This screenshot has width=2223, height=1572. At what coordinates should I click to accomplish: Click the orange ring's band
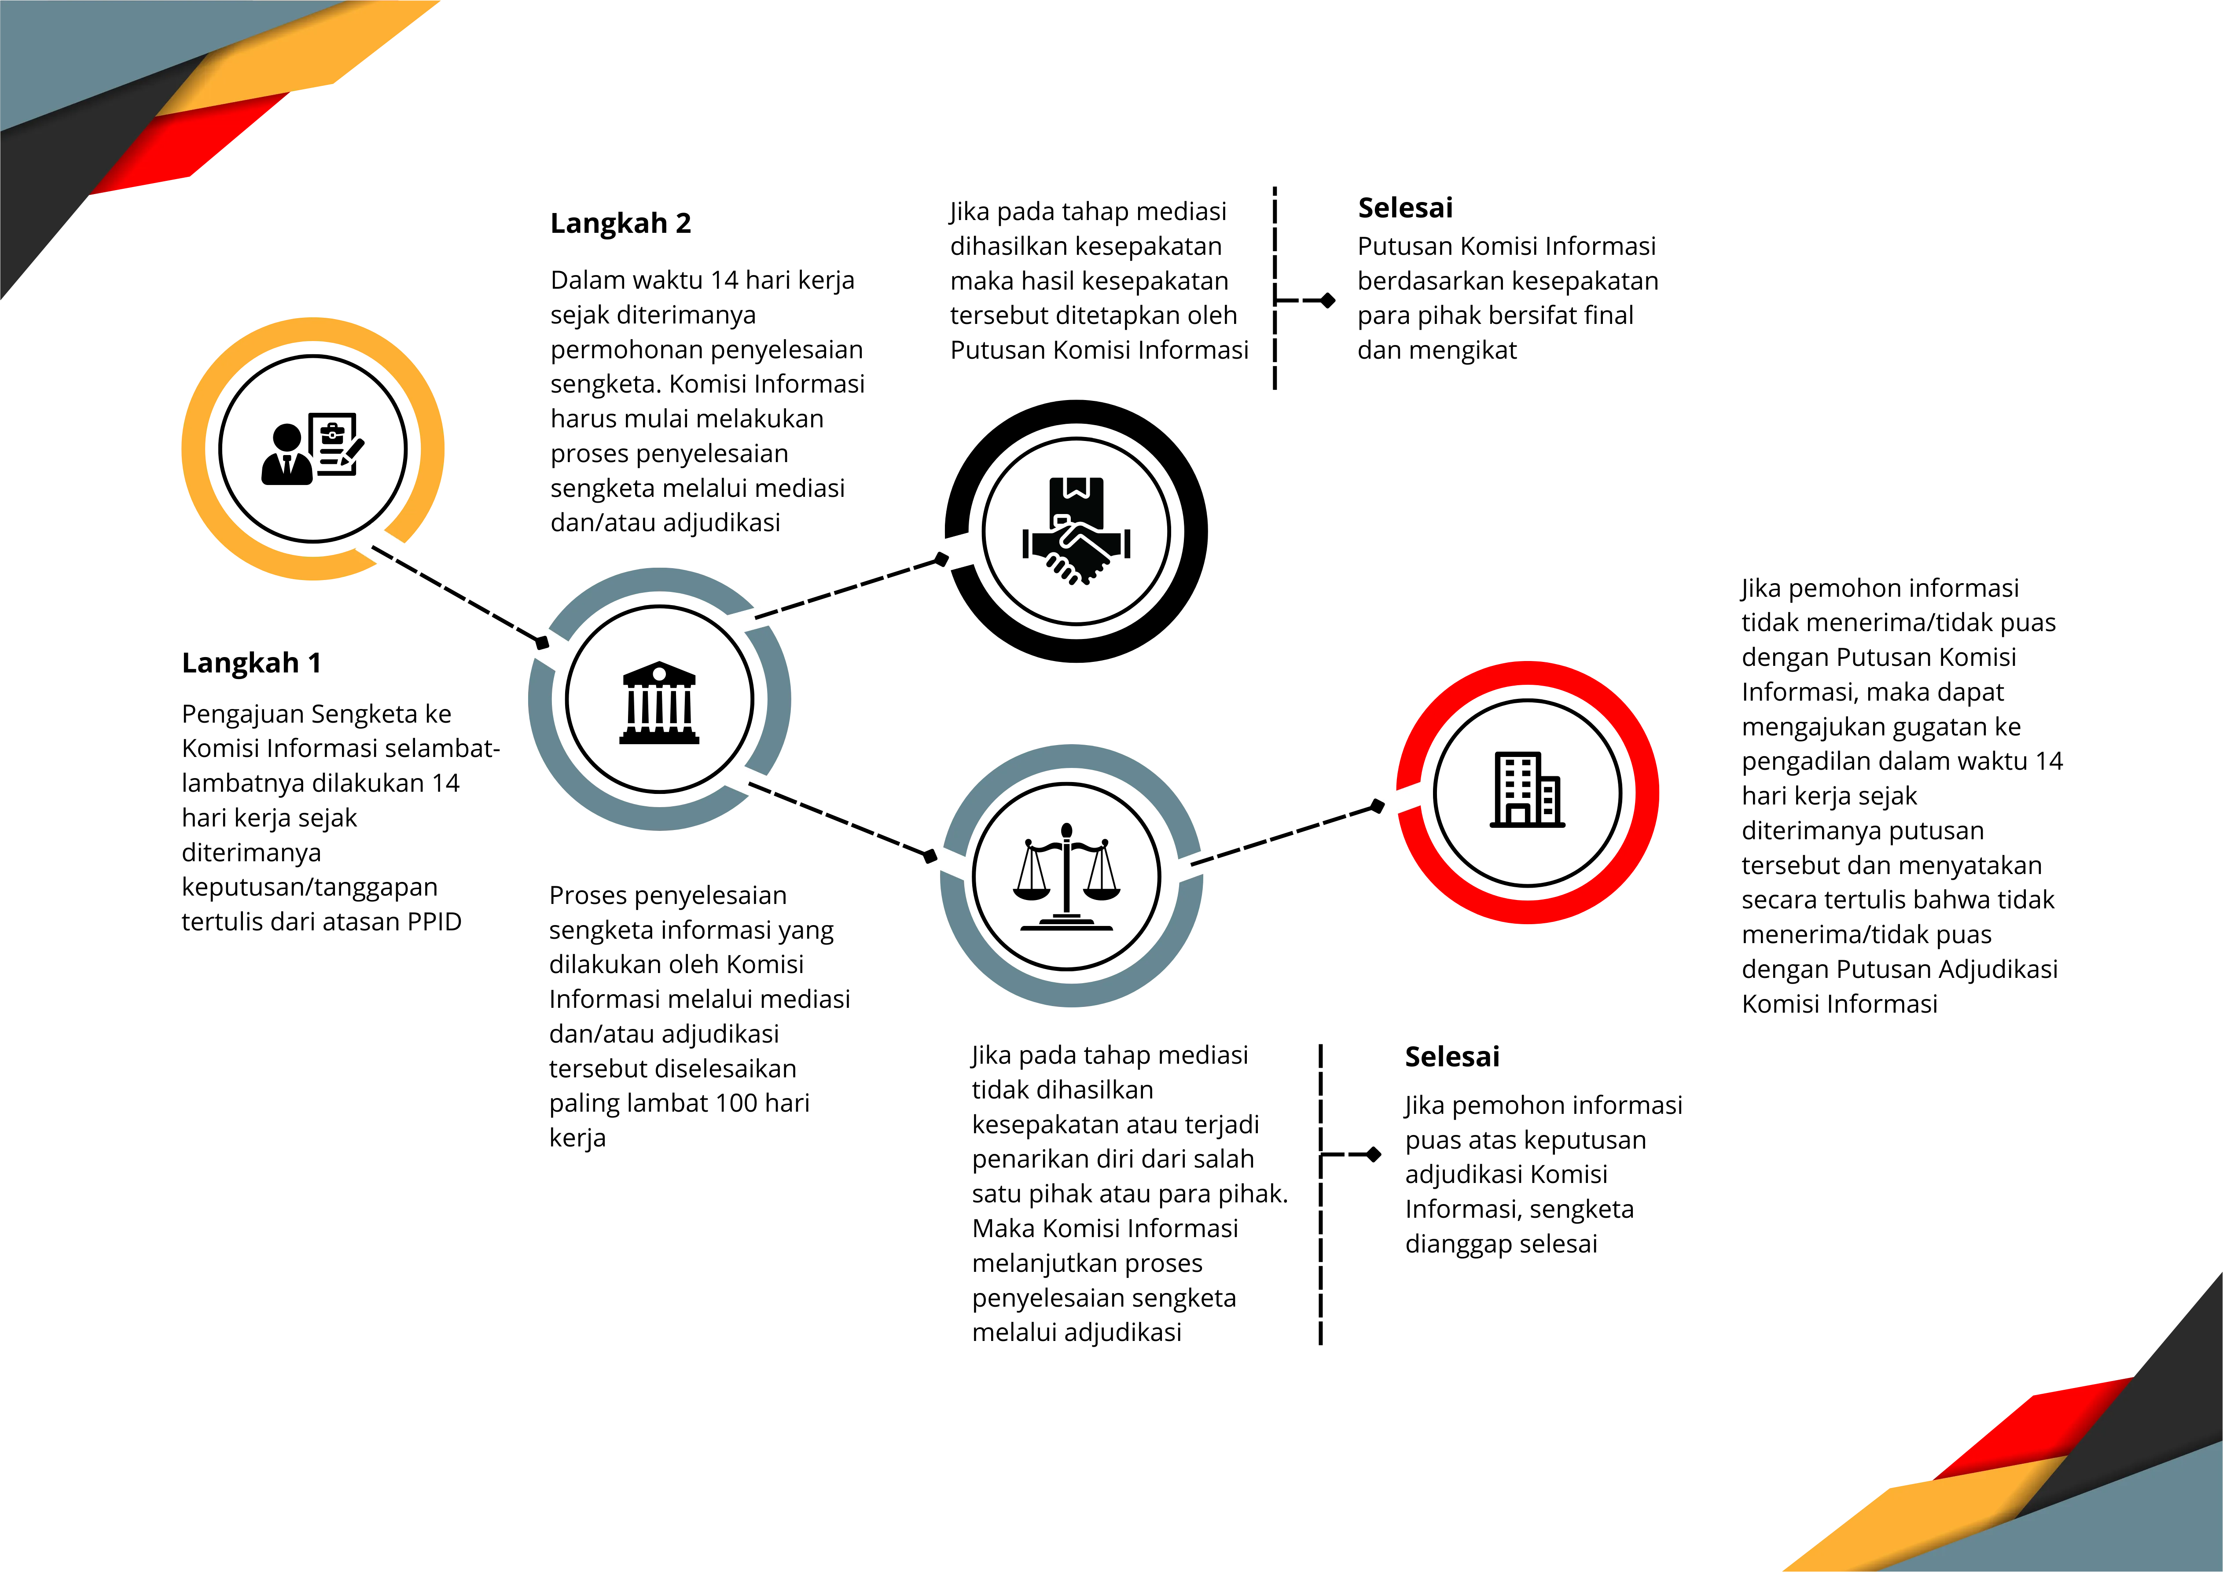tap(194, 445)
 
